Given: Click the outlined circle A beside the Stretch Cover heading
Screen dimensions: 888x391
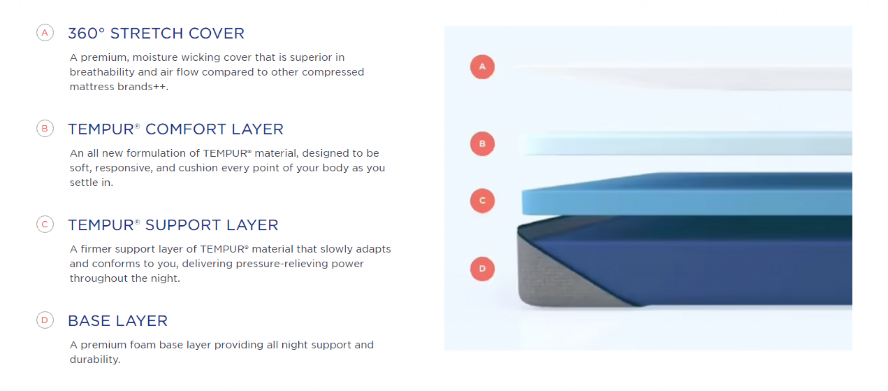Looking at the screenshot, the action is click(x=45, y=33).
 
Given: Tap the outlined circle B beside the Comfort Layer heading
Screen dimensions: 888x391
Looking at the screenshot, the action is click(x=45, y=128).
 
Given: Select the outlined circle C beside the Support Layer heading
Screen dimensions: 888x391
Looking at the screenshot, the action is click(x=45, y=224).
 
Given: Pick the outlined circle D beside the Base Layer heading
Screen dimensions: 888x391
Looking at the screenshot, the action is click(x=45, y=320).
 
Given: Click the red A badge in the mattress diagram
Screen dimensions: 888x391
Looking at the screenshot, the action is click(x=482, y=67).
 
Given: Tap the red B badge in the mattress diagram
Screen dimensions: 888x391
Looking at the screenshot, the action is click(x=482, y=144).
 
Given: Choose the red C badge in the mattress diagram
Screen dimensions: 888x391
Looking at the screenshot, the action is click(x=482, y=200).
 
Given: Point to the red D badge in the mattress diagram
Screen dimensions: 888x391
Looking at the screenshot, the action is click(x=482, y=269).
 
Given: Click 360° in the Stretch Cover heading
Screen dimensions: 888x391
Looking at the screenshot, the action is click(x=86, y=33).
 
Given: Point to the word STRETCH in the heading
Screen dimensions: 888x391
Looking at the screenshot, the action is click(x=147, y=33).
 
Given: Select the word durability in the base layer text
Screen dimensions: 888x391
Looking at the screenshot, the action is click(x=95, y=360).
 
